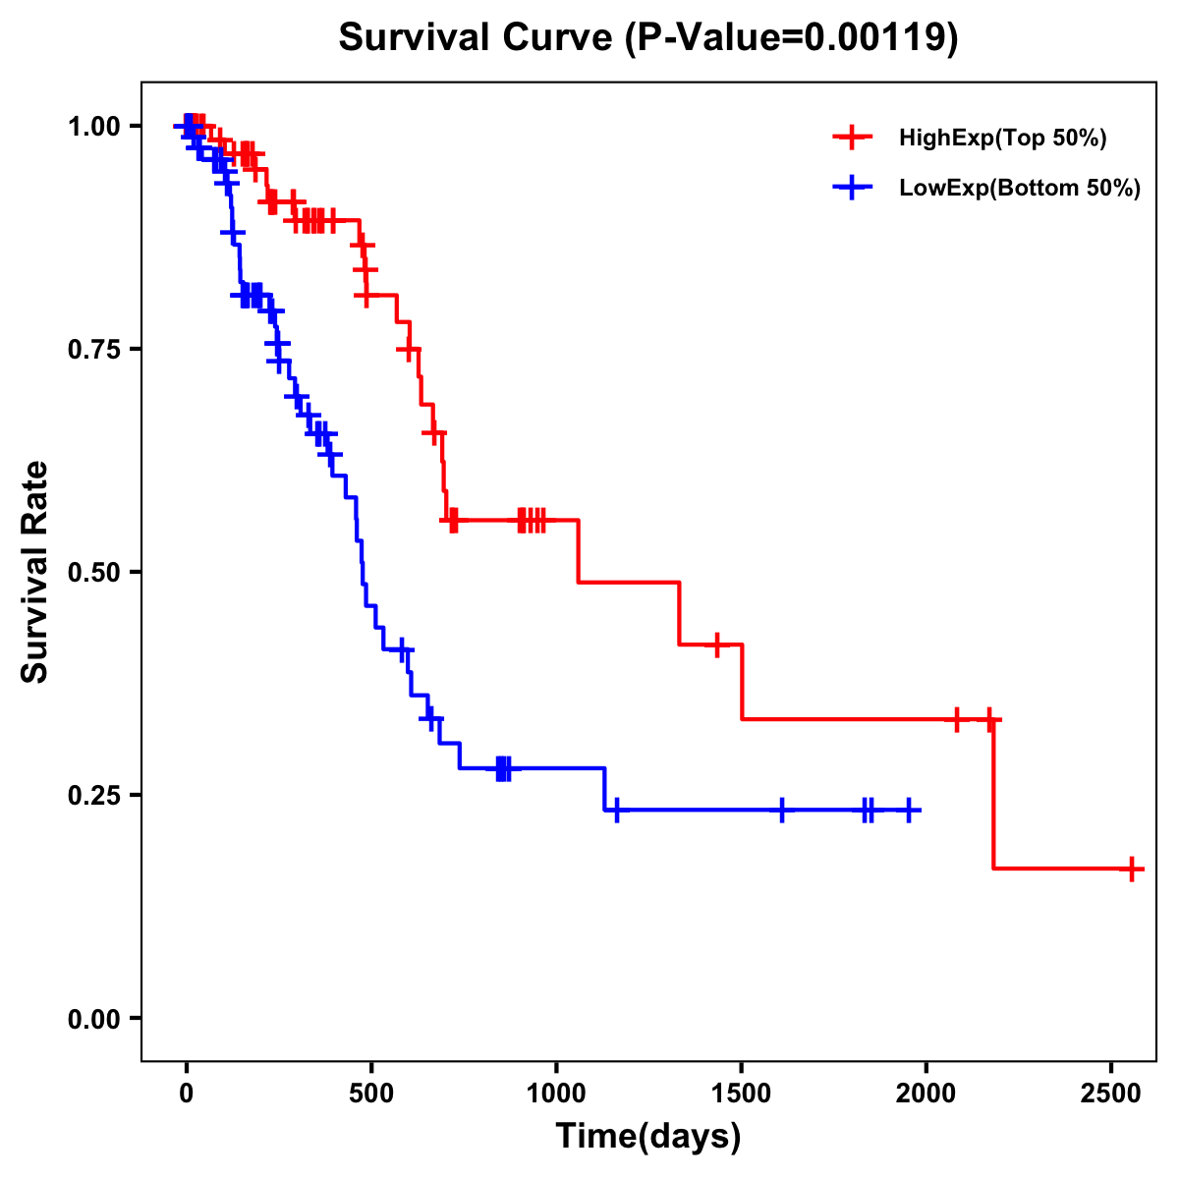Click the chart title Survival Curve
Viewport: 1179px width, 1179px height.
478,38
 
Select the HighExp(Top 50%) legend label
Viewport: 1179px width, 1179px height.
1002,139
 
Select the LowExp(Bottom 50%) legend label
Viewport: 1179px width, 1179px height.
1020,189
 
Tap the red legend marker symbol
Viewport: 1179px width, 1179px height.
852,138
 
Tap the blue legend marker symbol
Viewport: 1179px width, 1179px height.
852,188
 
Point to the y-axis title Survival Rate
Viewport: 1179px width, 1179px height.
35,571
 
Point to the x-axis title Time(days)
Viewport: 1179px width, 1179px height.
648,1137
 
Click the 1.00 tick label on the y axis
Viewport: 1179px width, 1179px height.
94,127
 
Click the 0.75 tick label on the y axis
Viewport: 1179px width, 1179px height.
94,350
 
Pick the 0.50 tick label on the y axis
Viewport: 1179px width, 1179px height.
94,573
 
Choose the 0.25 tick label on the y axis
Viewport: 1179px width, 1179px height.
94,796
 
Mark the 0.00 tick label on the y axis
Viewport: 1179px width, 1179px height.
94,1019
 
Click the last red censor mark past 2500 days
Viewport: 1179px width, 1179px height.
1132,870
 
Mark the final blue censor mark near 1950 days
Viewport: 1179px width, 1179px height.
909,811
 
